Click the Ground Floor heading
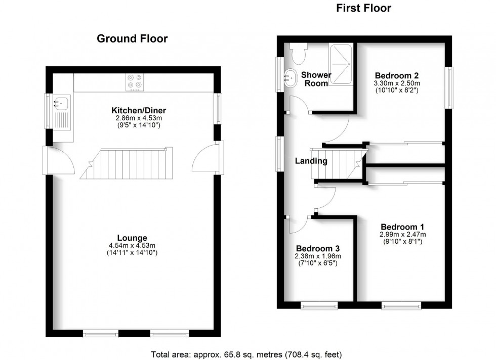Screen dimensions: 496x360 point(132,38)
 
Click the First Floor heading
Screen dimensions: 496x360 point(363,8)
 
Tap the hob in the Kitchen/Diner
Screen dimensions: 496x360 point(135,82)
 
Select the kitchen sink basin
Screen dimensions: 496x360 point(61,103)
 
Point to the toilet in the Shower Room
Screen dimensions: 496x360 point(299,54)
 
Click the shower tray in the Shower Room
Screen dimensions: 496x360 point(341,64)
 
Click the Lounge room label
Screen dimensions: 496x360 point(132,238)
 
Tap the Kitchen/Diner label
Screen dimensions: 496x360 point(139,110)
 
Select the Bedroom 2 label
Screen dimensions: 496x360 point(397,75)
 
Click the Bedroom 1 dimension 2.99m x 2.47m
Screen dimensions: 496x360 point(403,235)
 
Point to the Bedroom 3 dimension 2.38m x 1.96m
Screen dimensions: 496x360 point(318,256)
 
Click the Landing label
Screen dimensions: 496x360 point(311,161)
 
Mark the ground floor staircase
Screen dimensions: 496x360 point(127,163)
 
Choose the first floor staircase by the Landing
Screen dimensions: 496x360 point(339,164)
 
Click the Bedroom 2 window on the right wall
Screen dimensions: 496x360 point(449,87)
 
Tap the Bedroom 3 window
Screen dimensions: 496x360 point(319,305)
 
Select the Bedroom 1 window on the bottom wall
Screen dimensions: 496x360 point(401,305)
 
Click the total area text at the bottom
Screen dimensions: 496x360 point(246,354)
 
